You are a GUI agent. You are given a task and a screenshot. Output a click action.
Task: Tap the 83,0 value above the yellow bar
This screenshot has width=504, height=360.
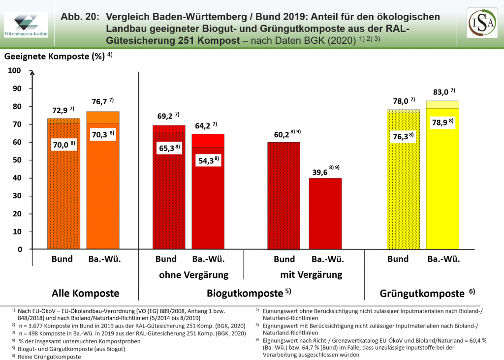[x=440, y=91]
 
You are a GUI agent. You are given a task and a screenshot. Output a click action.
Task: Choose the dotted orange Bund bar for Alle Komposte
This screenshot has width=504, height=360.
[x=63, y=197]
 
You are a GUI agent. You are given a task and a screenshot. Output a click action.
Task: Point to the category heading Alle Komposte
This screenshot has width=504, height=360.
[x=86, y=294]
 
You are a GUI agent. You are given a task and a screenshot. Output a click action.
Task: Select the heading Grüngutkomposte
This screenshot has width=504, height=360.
[x=422, y=294]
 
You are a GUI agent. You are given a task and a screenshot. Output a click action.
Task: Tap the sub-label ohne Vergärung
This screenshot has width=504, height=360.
[x=194, y=274]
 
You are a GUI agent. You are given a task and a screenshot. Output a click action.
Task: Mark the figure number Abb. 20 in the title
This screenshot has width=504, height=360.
[x=78, y=17]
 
